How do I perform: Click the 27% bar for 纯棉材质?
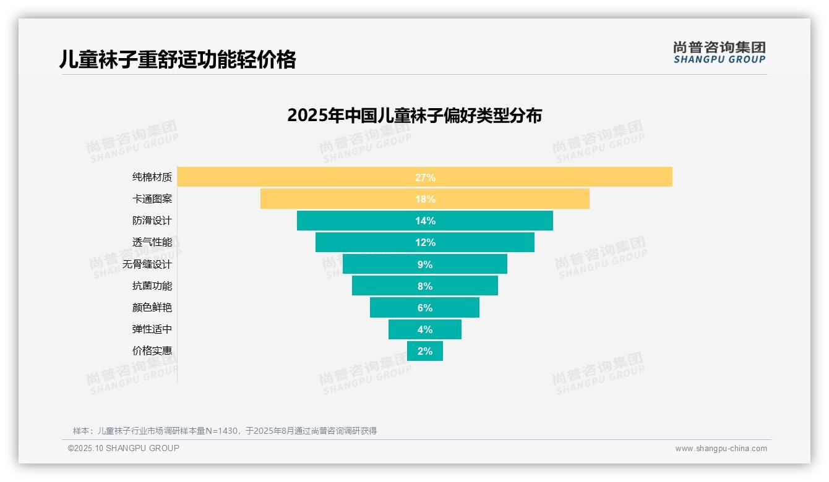click(x=424, y=177)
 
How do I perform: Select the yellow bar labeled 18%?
click(x=424, y=199)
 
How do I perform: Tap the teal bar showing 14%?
click(x=424, y=221)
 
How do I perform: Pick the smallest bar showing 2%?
click(x=424, y=351)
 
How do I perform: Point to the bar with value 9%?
click(x=424, y=264)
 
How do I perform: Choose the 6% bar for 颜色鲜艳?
click(x=424, y=308)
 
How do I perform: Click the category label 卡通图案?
click(x=152, y=199)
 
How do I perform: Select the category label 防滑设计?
click(x=152, y=221)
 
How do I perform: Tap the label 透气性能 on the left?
click(x=152, y=242)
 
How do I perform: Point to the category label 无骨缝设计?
click(x=147, y=264)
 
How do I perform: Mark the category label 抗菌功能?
click(x=152, y=286)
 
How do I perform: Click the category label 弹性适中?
click(x=152, y=329)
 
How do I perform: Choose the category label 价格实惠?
click(x=152, y=351)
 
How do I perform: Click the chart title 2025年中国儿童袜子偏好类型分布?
click(x=414, y=116)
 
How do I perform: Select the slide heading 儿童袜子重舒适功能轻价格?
click(x=178, y=59)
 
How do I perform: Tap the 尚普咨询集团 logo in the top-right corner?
click(x=719, y=53)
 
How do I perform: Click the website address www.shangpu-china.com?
click(x=721, y=449)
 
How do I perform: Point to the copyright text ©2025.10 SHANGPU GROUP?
click(x=123, y=448)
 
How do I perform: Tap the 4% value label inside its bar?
click(x=424, y=329)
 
